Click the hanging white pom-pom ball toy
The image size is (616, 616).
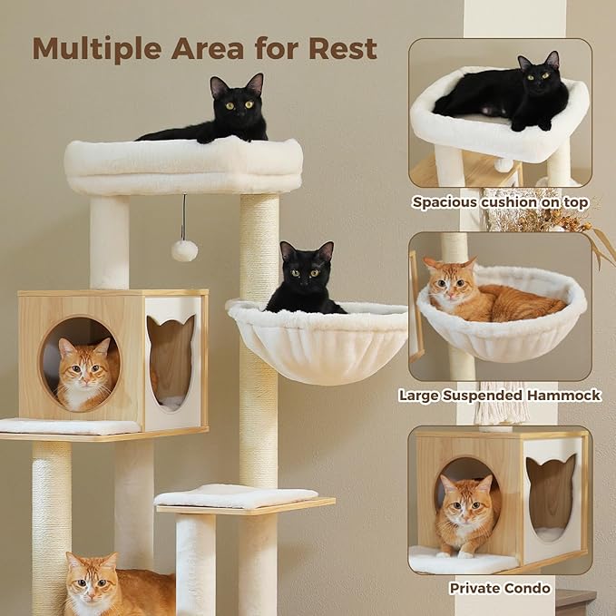[184, 250]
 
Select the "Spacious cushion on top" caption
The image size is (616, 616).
[500, 202]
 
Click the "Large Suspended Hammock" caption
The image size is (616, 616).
[500, 396]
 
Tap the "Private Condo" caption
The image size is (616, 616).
[500, 589]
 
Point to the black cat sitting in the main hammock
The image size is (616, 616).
[304, 281]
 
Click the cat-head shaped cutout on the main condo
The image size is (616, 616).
[171, 349]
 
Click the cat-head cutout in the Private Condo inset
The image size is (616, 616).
[551, 494]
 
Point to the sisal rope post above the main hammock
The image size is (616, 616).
[259, 245]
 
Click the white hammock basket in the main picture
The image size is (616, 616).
[318, 345]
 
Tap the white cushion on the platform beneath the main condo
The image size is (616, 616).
[68, 426]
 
